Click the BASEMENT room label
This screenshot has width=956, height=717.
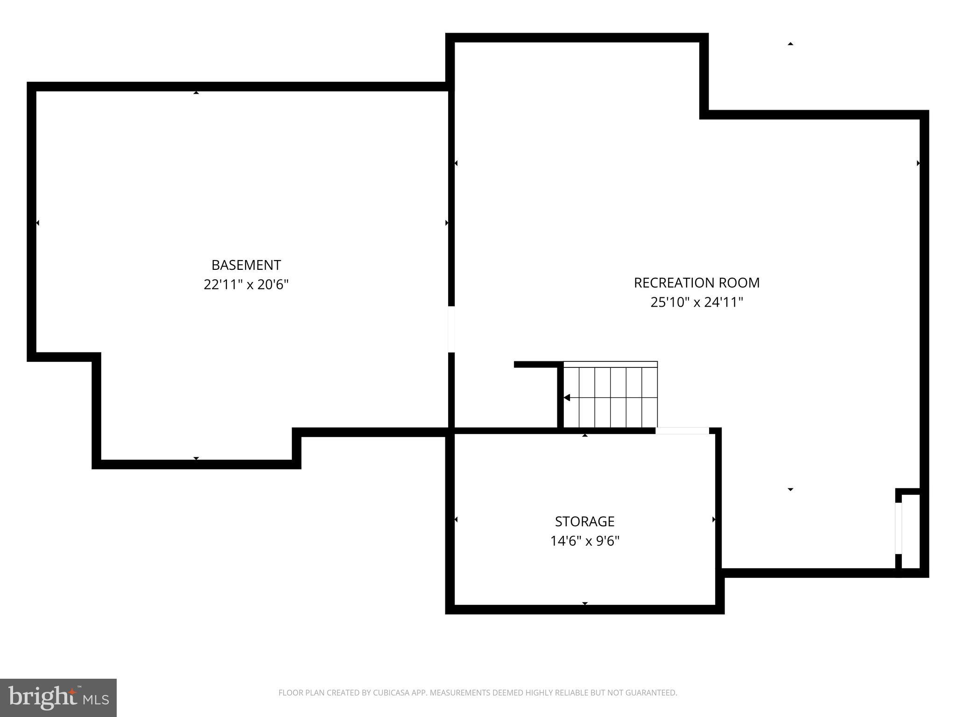(246, 265)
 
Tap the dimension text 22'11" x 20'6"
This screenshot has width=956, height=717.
(246, 285)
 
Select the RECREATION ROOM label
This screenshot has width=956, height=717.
(696, 283)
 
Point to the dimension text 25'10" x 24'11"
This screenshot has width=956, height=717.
(696, 302)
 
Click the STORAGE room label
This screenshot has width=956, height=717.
(584, 521)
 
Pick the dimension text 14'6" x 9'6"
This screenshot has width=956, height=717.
(584, 541)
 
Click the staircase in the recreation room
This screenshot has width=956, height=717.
(611, 395)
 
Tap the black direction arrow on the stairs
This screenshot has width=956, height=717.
(567, 398)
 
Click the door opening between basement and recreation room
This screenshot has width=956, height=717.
(451, 329)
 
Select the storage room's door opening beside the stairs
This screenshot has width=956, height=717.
(682, 431)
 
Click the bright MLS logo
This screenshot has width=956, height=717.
(58, 698)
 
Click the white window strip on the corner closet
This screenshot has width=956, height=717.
(898, 528)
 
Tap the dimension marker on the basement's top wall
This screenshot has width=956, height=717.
(196, 92)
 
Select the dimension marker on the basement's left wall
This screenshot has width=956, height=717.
(37, 223)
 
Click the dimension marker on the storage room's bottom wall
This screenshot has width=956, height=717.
(584, 604)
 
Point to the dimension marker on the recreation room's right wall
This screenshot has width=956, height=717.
(918, 163)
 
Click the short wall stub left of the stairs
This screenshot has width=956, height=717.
(537, 365)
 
